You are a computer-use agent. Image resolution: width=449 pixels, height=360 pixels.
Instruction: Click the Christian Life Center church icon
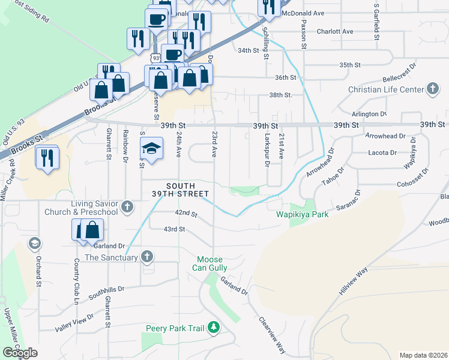click(x=432, y=90)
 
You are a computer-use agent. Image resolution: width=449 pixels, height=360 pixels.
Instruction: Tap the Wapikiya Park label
click(x=302, y=215)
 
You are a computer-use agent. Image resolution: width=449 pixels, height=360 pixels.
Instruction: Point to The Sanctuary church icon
click(x=146, y=257)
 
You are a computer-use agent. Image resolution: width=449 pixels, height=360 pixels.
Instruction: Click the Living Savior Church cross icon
click(x=127, y=208)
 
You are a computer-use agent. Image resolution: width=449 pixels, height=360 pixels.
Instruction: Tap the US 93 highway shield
click(x=155, y=58)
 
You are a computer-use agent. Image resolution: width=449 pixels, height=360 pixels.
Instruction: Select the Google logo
click(x=20, y=352)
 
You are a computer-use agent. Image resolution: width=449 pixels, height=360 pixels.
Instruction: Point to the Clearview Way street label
click(x=273, y=335)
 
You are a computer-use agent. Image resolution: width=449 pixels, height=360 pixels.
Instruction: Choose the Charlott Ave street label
click(x=335, y=31)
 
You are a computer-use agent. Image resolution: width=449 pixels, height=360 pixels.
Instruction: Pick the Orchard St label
click(x=38, y=271)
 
